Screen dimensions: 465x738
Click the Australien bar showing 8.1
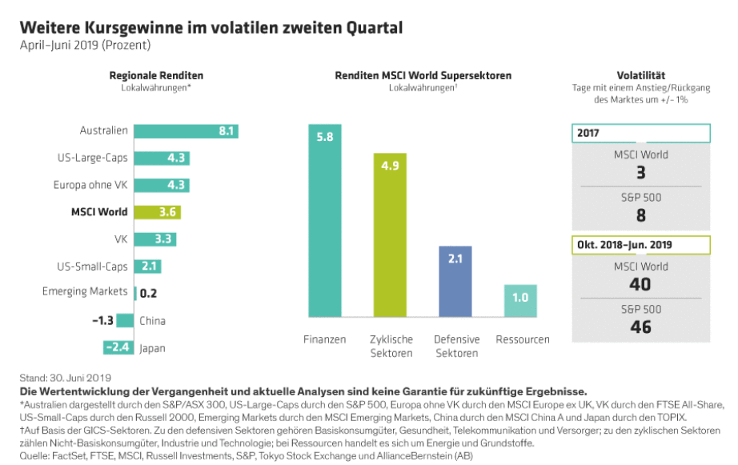pos(186,131)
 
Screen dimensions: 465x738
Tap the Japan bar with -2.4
pos(118,348)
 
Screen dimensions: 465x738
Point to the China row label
pos(152,321)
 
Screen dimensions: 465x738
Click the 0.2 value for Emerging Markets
pos(148,293)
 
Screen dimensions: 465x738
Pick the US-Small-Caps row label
pos(92,266)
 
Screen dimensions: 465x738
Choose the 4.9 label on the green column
pos(389,166)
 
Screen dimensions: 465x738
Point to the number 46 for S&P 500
pos(640,327)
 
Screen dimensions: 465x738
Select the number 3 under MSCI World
pos(640,172)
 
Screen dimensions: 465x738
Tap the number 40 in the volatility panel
pos(640,284)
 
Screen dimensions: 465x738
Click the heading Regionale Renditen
pos(156,75)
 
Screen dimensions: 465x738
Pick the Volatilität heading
pos(640,75)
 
